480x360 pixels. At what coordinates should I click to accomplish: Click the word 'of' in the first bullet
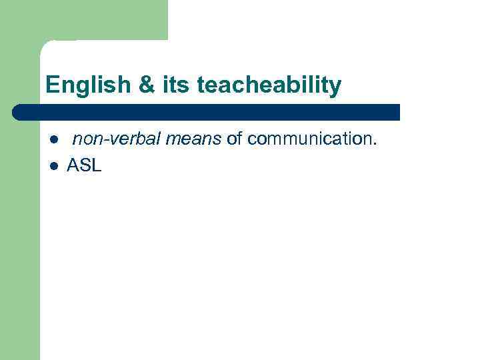[x=233, y=139]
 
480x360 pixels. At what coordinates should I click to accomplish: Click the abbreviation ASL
[x=84, y=166]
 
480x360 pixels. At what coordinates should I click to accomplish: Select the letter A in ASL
[x=73, y=166]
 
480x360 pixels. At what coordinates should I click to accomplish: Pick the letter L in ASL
[x=96, y=166]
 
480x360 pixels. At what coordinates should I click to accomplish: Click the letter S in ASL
[x=85, y=166]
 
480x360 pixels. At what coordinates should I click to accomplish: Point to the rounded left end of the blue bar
[x=17, y=112]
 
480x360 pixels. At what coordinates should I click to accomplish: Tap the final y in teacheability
[x=335, y=87]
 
